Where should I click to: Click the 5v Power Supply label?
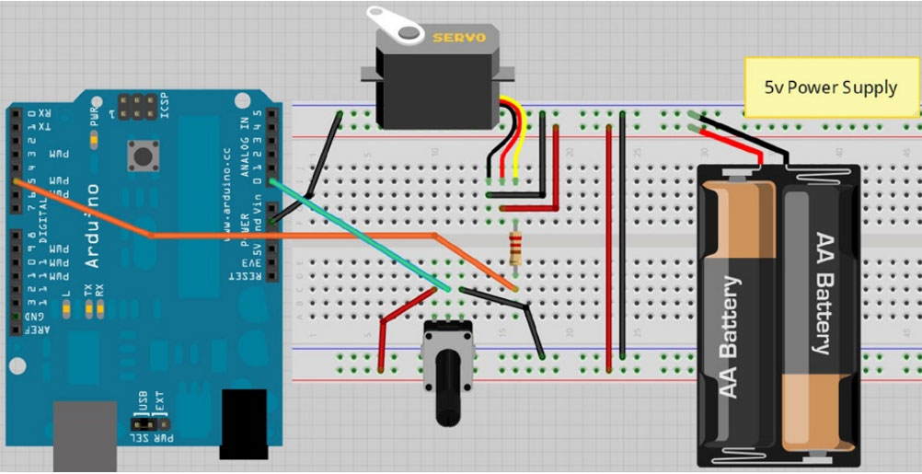click(831, 87)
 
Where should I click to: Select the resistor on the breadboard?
click(515, 248)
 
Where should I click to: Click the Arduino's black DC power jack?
click(244, 423)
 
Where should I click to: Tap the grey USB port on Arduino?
click(85, 437)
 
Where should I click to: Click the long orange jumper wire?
click(294, 236)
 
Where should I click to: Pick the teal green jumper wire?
click(359, 235)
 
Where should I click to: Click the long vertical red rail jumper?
click(608, 249)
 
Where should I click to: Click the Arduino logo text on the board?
click(91, 225)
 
